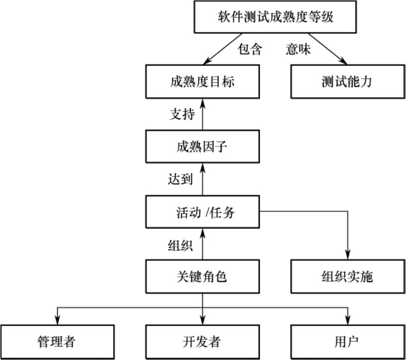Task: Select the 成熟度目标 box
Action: (x=202, y=81)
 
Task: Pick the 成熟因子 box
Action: (x=202, y=147)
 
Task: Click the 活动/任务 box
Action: (x=202, y=212)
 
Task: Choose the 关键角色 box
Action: (x=202, y=277)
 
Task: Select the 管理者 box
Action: (x=57, y=342)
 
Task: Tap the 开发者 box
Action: (x=202, y=342)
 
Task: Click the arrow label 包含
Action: (x=250, y=50)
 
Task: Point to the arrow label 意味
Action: (x=298, y=50)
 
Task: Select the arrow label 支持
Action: (x=182, y=114)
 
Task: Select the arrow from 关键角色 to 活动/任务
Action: (x=203, y=245)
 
